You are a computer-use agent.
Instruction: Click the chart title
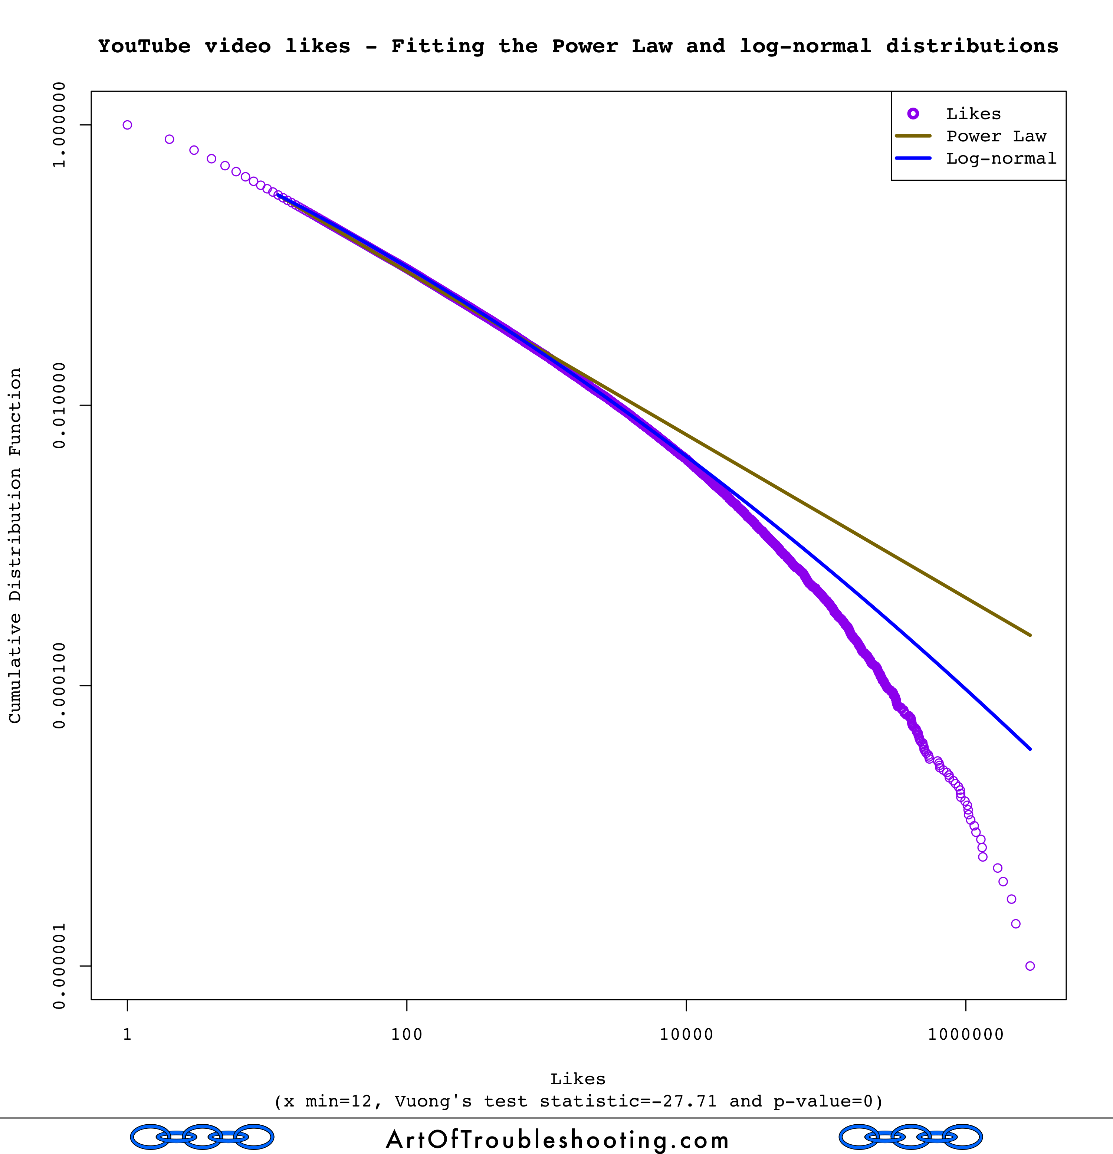(x=578, y=46)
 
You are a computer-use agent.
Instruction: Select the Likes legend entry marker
(x=913, y=114)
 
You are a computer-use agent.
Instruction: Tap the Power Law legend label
(x=996, y=136)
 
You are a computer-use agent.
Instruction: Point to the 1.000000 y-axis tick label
(x=59, y=125)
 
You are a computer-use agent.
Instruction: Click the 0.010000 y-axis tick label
(x=59, y=405)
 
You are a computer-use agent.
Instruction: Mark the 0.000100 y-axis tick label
(x=59, y=685)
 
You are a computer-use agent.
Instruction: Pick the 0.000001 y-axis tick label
(x=59, y=966)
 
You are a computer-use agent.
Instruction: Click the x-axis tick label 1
(x=127, y=1035)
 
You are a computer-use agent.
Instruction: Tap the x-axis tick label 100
(x=407, y=1035)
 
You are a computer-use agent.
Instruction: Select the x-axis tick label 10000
(x=686, y=1035)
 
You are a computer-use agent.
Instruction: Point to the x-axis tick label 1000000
(x=965, y=1035)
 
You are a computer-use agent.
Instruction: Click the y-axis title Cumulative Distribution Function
(x=15, y=545)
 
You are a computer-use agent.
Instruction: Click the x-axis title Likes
(x=578, y=1079)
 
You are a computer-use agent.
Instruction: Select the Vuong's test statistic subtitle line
(x=578, y=1102)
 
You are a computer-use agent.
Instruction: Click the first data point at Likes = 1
(x=127, y=125)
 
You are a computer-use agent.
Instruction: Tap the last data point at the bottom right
(x=1030, y=966)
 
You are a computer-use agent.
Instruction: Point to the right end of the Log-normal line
(x=1030, y=749)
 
